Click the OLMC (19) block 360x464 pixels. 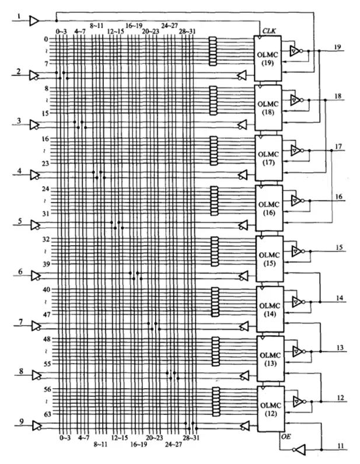click(x=268, y=58)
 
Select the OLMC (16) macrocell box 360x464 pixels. click(x=269, y=208)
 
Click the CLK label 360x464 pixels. click(x=269, y=31)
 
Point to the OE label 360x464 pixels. click(x=286, y=437)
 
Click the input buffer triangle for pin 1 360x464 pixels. click(x=34, y=20)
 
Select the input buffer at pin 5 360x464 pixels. click(x=36, y=225)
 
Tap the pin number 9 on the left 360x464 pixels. click(x=22, y=421)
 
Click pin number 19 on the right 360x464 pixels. click(x=337, y=47)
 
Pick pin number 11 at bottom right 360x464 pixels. click(x=341, y=446)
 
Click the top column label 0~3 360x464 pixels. click(x=61, y=31)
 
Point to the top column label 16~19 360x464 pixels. click(x=134, y=26)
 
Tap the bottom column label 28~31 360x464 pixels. click(x=191, y=438)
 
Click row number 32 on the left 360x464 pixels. click(x=46, y=239)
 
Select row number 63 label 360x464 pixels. click(x=48, y=414)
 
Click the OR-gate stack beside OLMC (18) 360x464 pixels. click(x=214, y=100)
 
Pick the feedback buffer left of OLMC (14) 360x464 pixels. click(x=244, y=326)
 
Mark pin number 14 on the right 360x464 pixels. click(x=340, y=298)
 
